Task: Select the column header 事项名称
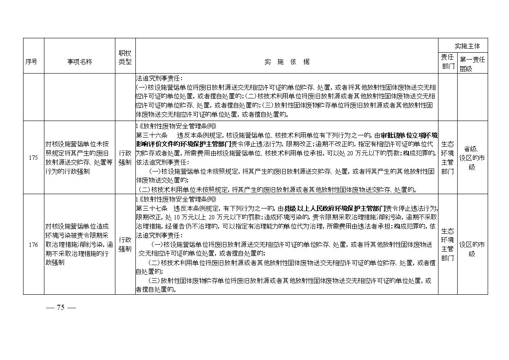tap(79, 62)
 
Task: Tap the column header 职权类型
tap(125, 57)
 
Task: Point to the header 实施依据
tap(287, 62)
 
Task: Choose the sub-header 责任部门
tap(448, 62)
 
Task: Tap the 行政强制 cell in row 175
tap(125, 158)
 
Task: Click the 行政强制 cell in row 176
tap(125, 245)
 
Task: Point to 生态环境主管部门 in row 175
tap(448, 158)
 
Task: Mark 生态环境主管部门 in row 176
tap(448, 245)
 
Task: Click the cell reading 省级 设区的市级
tap(472, 158)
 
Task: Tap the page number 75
tap(61, 307)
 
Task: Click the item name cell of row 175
tap(79, 158)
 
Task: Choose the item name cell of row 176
tap(79, 245)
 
